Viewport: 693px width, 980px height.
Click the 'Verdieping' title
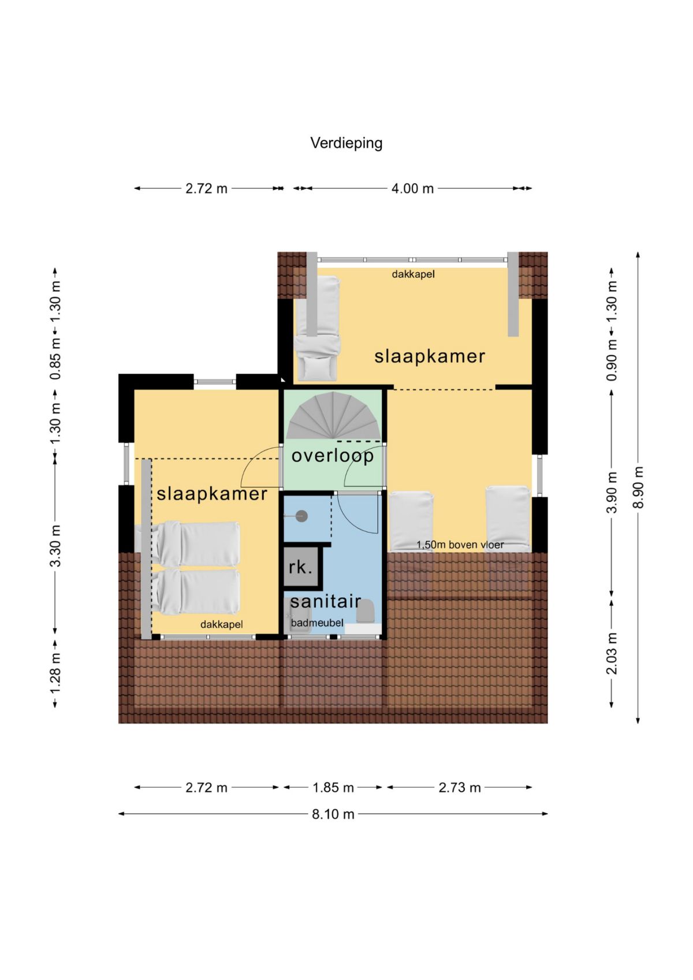coord(346,143)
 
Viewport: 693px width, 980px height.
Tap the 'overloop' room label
coord(333,456)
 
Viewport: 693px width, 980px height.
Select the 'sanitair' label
coord(326,601)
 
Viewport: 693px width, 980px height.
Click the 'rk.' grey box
coord(300,567)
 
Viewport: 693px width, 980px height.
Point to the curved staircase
coord(333,416)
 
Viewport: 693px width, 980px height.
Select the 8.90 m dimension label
coord(638,487)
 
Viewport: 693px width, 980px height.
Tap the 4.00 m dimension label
coord(412,189)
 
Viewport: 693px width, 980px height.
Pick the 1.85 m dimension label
coord(333,788)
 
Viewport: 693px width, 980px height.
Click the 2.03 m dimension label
coord(612,653)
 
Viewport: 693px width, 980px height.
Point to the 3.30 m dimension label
coord(55,546)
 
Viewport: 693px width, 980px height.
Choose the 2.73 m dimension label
coord(459,788)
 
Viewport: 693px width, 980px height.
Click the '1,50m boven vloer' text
coord(460,545)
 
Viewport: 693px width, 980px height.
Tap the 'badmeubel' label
coord(317,623)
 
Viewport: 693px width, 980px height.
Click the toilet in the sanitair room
coord(366,611)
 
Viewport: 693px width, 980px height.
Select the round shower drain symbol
coord(302,516)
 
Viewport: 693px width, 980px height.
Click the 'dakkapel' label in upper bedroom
coord(413,274)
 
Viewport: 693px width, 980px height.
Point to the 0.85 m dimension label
coord(55,358)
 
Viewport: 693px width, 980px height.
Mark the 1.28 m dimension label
coord(55,674)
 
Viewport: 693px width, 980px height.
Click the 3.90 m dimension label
coord(612,492)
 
